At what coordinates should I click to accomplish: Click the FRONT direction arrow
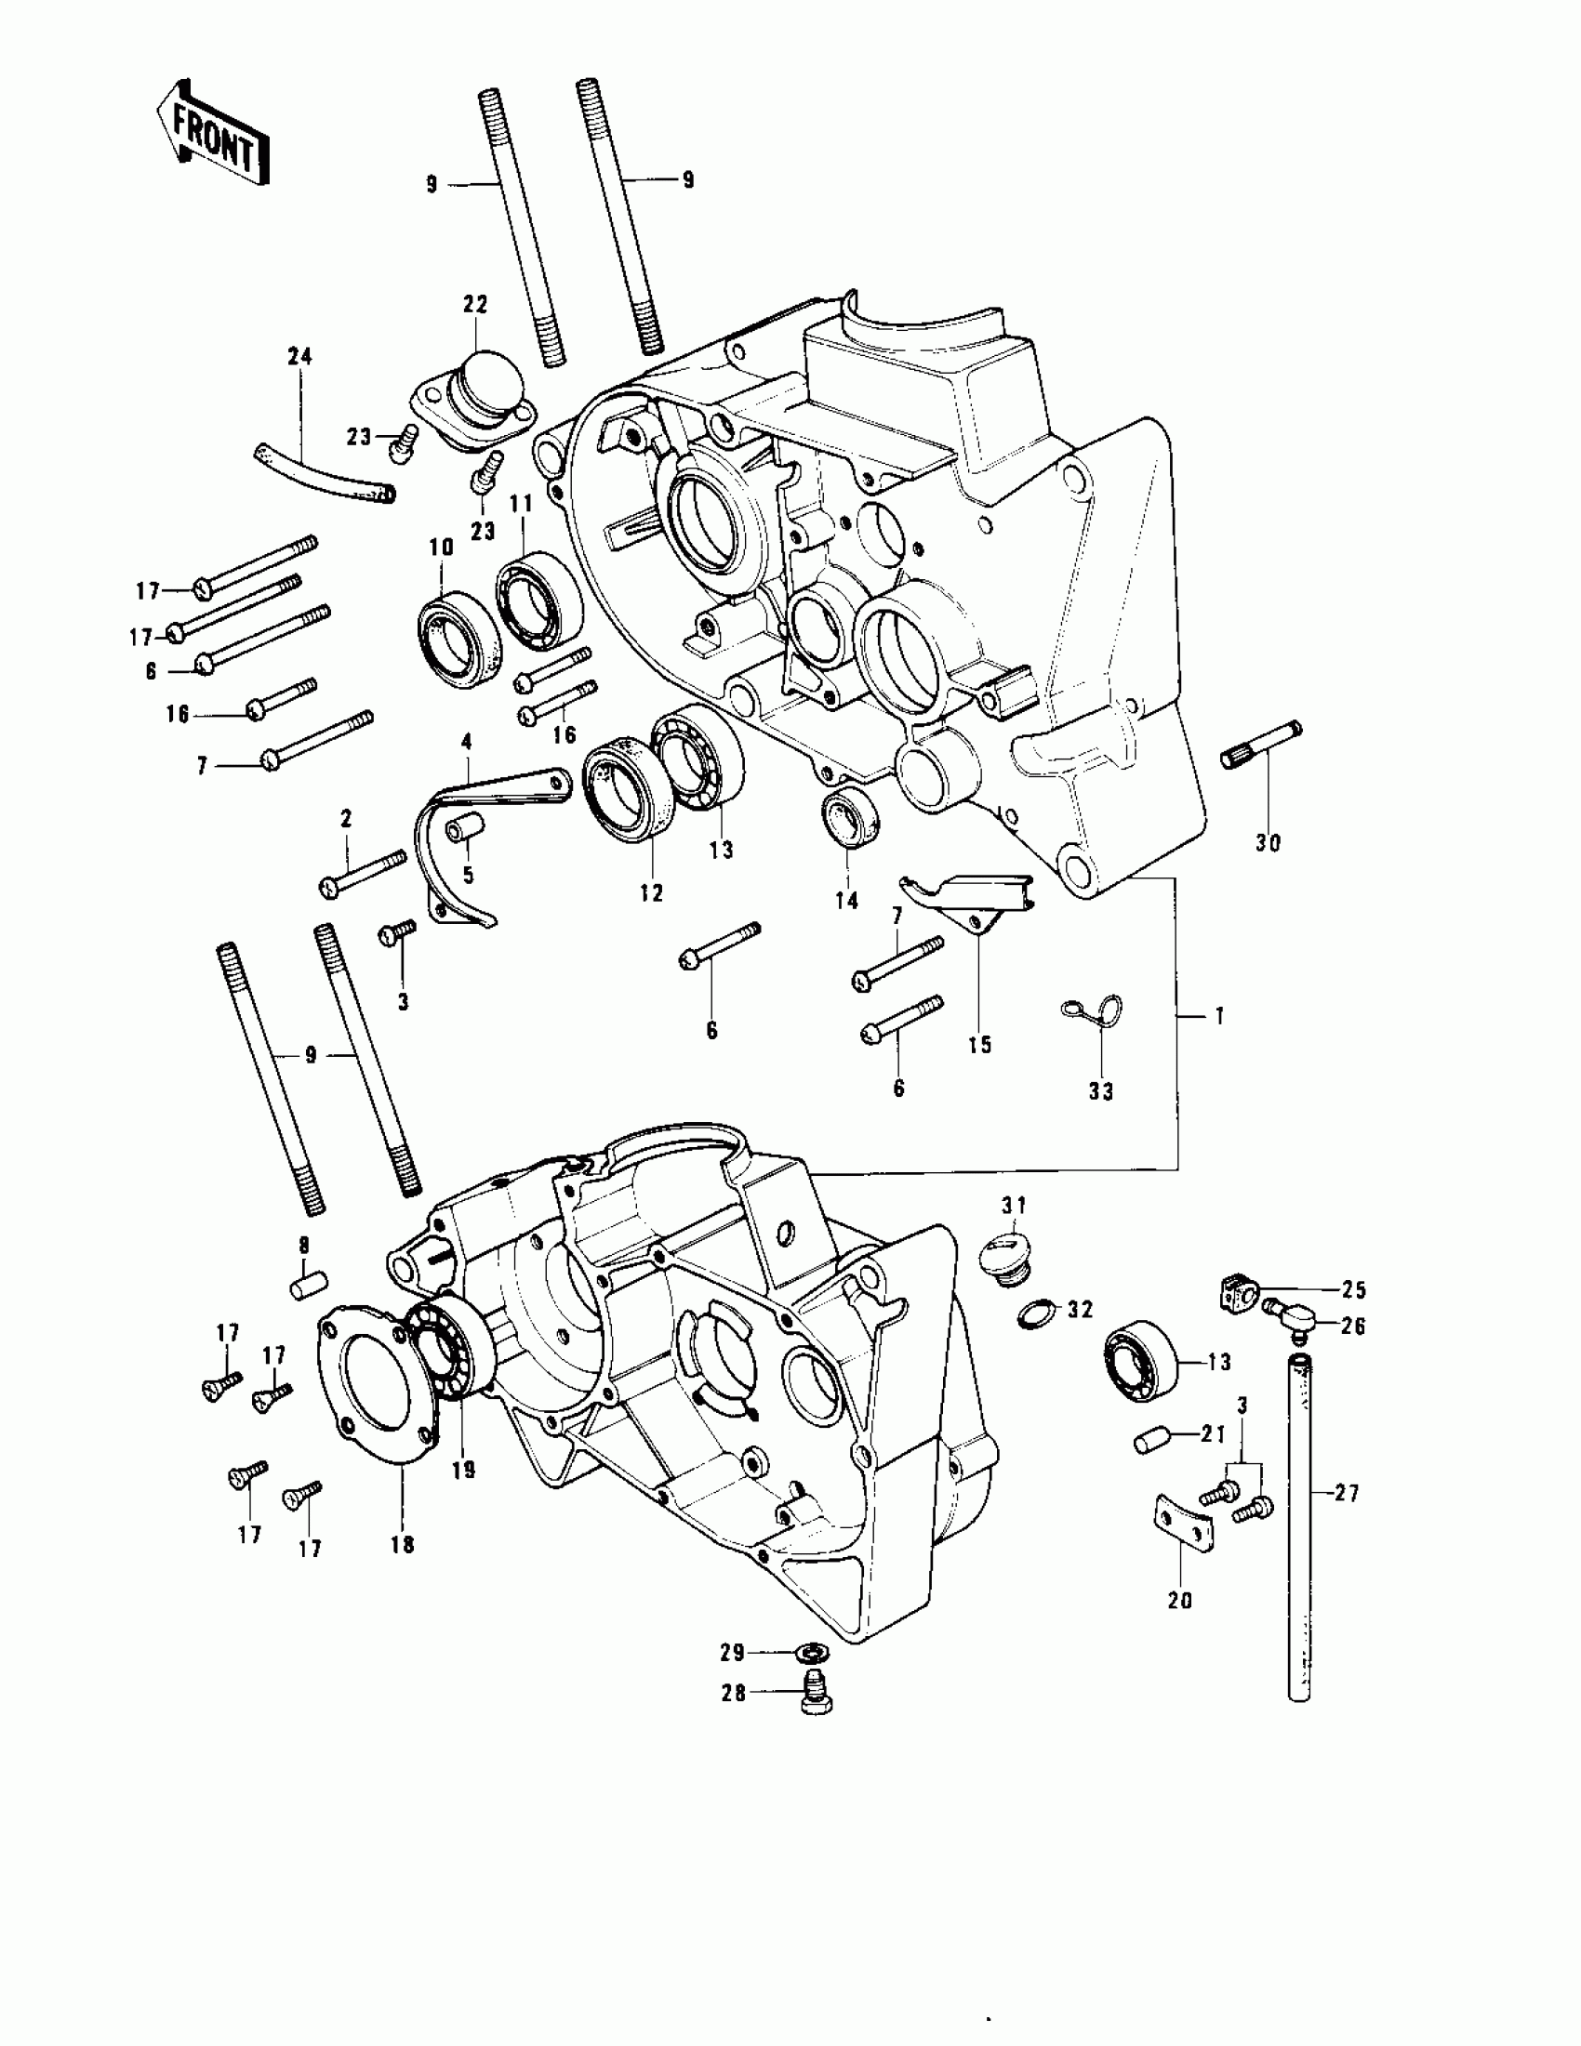pos(214,133)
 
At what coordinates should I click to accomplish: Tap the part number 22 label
pos(475,305)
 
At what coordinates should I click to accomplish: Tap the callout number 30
pos(1267,843)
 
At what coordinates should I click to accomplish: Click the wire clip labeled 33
pos(1094,1010)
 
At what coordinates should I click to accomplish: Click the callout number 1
pos(1218,1015)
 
